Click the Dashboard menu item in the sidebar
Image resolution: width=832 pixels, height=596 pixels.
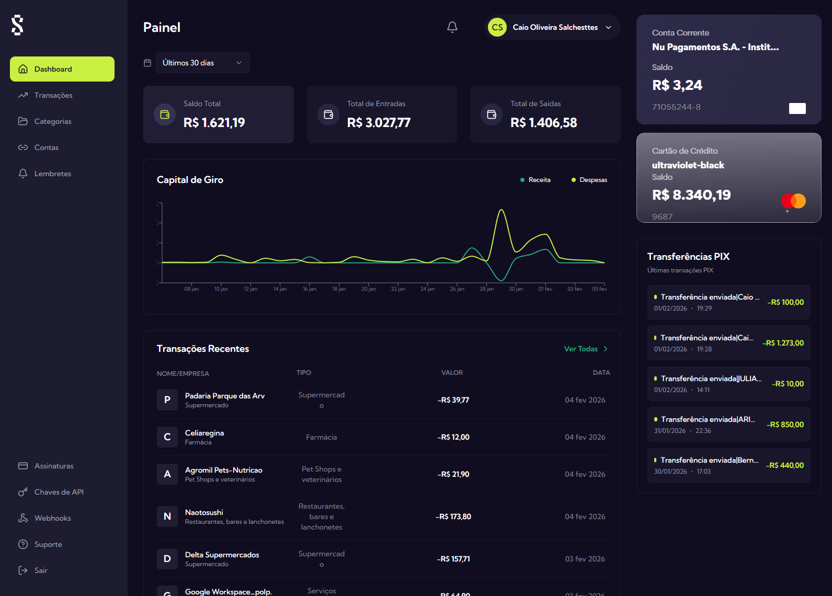(62, 69)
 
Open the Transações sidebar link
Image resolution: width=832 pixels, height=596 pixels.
(53, 95)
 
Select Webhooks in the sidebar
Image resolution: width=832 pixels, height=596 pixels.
(52, 518)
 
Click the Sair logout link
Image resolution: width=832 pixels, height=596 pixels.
(40, 570)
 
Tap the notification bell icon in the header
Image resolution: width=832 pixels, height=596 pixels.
(452, 27)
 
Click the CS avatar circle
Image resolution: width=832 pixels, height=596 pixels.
(497, 27)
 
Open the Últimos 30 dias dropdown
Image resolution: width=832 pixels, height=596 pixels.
(202, 63)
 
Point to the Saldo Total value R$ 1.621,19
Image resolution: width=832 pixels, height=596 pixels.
(214, 123)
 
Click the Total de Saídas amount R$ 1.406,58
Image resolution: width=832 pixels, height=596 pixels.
(543, 123)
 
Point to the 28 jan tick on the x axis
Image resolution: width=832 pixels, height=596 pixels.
(486, 289)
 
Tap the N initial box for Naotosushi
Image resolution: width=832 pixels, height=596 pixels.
(167, 517)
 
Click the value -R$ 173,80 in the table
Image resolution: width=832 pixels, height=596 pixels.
(453, 517)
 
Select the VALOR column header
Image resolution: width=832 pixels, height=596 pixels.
(452, 373)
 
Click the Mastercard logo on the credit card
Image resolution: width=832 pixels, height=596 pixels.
(793, 201)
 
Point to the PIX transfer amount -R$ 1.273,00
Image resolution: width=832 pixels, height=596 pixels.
(783, 343)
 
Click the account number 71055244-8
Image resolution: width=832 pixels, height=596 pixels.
(676, 107)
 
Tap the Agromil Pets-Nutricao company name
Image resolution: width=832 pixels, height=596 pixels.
(223, 470)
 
